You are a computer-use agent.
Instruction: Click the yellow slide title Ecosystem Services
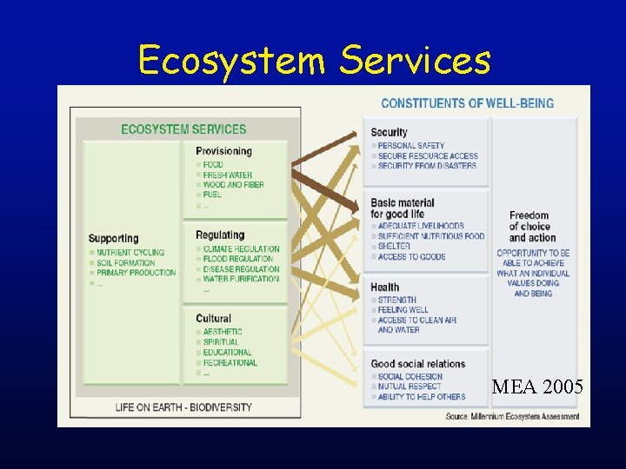click(314, 61)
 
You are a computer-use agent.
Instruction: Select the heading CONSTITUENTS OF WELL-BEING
click(467, 103)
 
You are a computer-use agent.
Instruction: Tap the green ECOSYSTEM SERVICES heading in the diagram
click(183, 129)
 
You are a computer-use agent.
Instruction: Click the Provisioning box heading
click(223, 151)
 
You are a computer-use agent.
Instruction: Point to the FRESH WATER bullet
click(227, 175)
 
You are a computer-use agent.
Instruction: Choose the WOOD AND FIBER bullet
click(233, 185)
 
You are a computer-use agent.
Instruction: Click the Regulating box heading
click(220, 235)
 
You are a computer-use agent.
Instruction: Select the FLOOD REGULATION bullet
click(237, 259)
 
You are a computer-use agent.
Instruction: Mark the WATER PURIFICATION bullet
click(241, 280)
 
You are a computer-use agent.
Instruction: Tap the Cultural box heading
click(213, 319)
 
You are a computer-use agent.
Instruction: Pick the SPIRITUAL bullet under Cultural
click(221, 342)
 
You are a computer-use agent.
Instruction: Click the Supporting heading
click(113, 239)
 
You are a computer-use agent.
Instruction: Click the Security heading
click(389, 133)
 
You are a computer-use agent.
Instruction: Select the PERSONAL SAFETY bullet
click(410, 146)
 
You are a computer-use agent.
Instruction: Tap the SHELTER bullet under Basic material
click(394, 247)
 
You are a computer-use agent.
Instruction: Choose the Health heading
click(384, 287)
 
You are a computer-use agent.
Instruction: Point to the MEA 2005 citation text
click(536, 386)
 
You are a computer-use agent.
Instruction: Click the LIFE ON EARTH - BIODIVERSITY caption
click(183, 406)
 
